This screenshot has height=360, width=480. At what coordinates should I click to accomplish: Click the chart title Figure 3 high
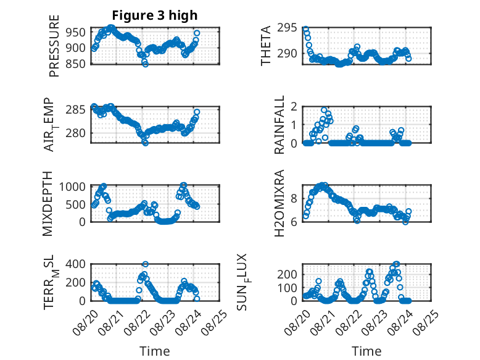coord(155,15)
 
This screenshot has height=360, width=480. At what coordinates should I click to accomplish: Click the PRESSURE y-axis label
coord(54,46)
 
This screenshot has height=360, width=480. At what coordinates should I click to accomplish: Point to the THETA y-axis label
coord(266,46)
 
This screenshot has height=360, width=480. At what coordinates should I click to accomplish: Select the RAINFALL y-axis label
coord(279,125)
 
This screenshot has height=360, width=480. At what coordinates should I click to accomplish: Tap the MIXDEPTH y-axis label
coord(48,204)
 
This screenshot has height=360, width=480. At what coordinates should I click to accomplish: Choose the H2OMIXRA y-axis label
coord(279,203)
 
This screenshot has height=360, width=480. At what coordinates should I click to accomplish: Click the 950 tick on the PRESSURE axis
coord(76,32)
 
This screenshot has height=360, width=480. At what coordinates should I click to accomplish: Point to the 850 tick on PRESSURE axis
coord(76,64)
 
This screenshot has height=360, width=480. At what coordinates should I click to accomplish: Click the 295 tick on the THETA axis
coord(287,28)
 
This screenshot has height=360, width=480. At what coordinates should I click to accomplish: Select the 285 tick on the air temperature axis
coord(76,110)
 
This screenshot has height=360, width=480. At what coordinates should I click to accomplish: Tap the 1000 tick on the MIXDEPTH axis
coord(72,186)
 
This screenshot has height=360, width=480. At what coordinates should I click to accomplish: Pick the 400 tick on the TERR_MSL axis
coord(76,264)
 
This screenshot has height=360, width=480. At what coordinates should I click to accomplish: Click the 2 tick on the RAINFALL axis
coord(294,106)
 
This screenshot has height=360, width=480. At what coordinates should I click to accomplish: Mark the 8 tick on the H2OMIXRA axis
coord(294,199)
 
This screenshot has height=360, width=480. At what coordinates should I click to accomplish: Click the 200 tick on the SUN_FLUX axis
coord(287,274)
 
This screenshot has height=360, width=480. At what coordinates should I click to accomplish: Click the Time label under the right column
coord(366,351)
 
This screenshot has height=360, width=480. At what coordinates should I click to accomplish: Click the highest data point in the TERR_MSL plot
coord(146,264)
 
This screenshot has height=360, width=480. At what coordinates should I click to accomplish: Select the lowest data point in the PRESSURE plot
coord(146,64)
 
